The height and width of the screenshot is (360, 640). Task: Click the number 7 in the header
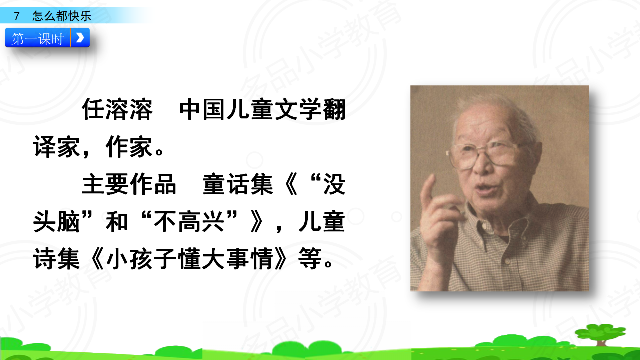17,16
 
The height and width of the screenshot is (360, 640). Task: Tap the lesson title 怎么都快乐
62,16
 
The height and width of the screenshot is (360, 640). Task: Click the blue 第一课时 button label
37,38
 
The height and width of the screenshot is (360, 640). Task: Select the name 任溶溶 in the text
117,109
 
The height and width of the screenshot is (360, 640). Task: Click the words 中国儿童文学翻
263,109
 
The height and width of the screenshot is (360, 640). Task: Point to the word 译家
57,147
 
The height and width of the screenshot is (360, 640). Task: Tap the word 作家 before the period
129,147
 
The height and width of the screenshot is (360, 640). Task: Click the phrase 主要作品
129,184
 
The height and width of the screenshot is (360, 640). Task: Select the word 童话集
238,184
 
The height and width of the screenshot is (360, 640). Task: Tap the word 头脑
57,222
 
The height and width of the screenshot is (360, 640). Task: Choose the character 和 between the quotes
117,222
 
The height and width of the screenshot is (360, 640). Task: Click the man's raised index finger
427,192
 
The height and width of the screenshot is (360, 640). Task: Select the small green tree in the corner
601,335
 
